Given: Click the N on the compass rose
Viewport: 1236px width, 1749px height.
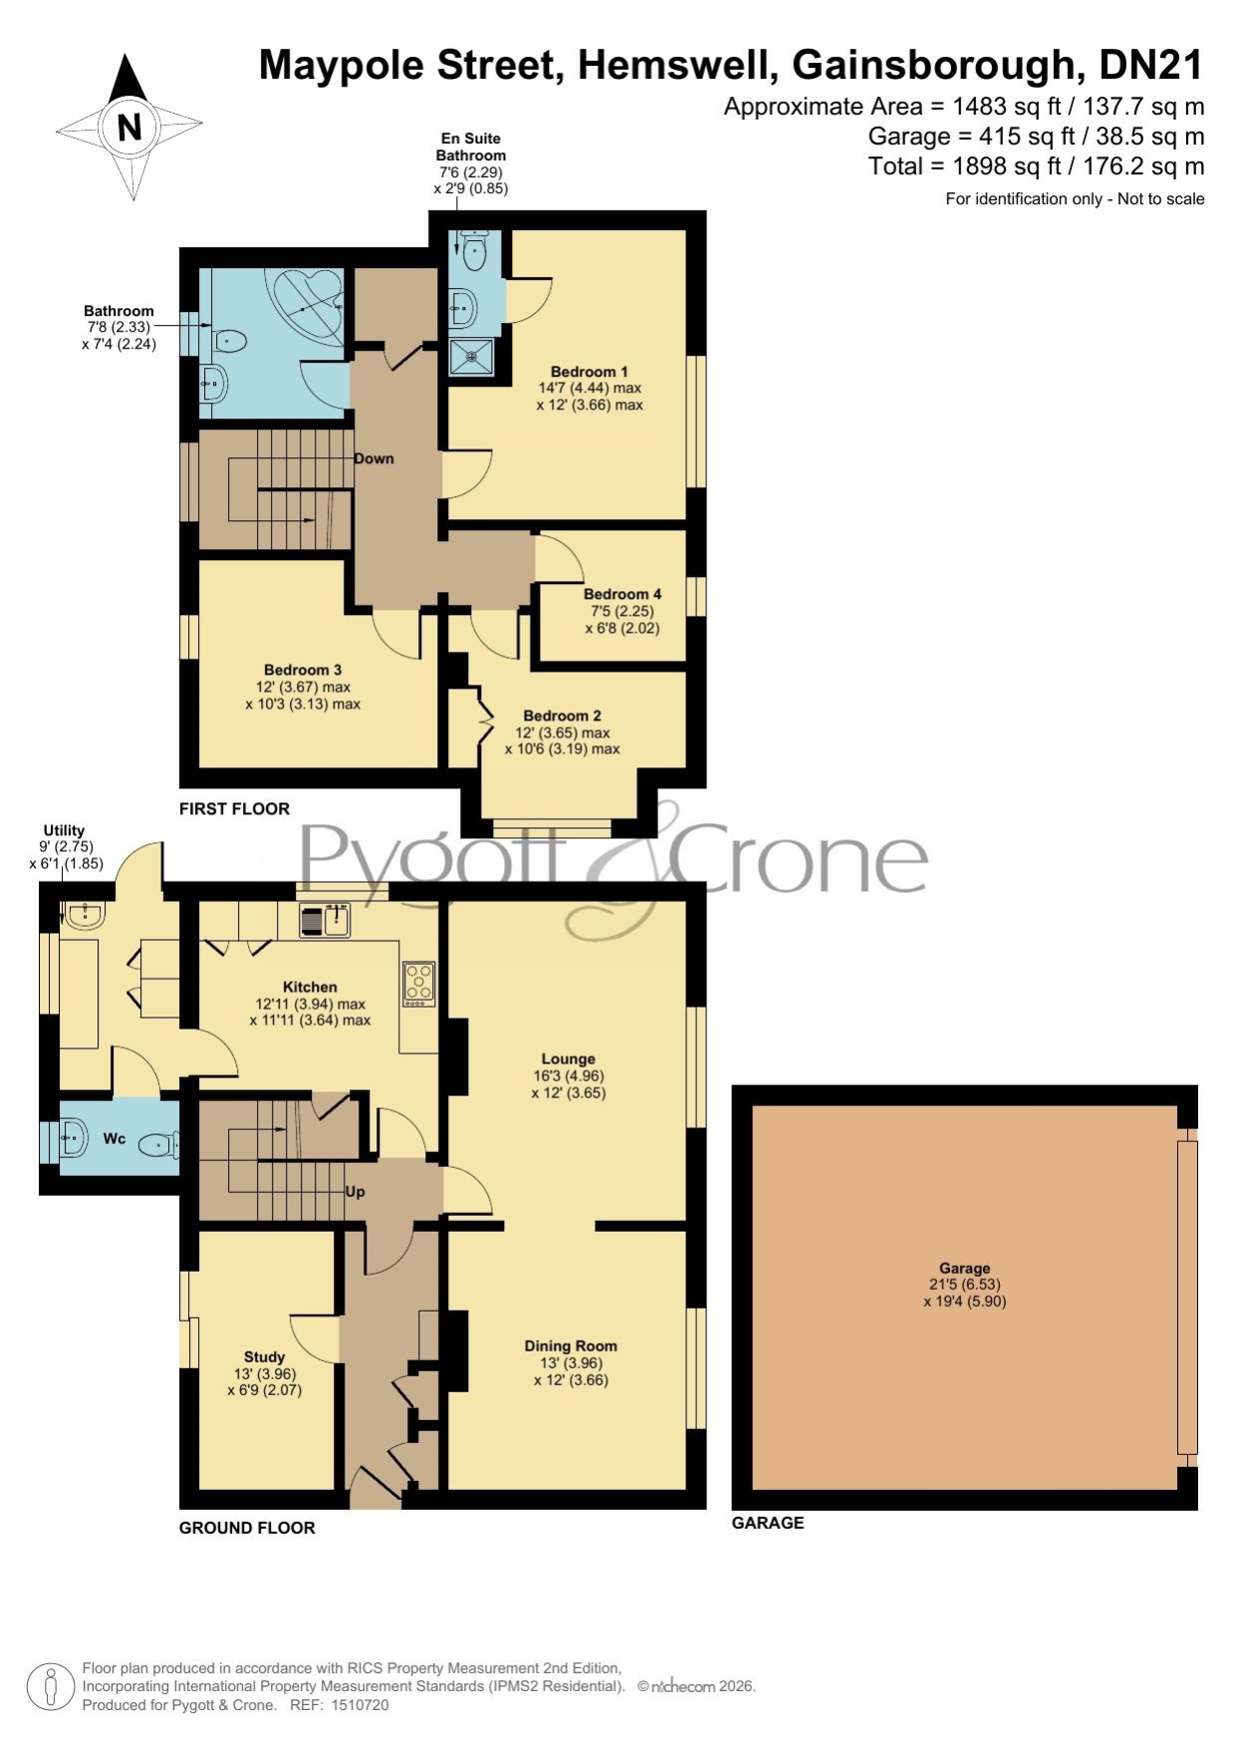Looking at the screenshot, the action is tap(128, 128).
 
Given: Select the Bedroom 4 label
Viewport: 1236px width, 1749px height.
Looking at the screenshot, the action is tap(622, 594).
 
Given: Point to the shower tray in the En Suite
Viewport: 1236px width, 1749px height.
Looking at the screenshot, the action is tap(471, 356).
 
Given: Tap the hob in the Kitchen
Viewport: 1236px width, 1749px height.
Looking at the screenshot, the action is tap(418, 983).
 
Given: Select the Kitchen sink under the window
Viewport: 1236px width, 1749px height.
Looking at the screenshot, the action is tap(325, 920).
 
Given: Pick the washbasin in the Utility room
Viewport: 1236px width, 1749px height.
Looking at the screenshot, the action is tap(83, 914).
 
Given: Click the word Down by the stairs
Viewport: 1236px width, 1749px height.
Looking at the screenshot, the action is tap(373, 458).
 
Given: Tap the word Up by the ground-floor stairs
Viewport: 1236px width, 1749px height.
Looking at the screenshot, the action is tap(355, 1191).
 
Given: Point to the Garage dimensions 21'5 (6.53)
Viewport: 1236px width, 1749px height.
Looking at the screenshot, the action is tap(964, 1285).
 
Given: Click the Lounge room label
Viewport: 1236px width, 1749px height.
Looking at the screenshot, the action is tap(568, 1059).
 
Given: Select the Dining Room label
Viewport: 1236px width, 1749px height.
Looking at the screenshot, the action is tap(571, 1346).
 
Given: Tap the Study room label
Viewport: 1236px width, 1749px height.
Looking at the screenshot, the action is tap(264, 1356).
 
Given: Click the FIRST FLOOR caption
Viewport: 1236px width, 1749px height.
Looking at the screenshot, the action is tap(234, 808).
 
